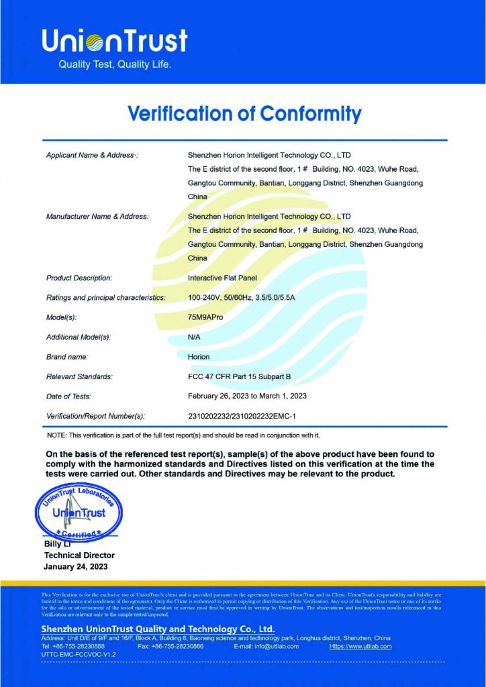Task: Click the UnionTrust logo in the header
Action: click(x=114, y=41)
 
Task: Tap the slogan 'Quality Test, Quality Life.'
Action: click(x=115, y=65)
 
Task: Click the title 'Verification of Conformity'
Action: click(x=244, y=113)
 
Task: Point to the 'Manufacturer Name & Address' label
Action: click(x=97, y=217)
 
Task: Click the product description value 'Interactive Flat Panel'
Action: click(x=223, y=278)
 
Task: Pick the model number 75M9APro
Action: click(x=205, y=317)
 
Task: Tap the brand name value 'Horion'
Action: click(x=199, y=357)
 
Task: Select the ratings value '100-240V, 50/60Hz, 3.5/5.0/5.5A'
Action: click(x=246, y=297)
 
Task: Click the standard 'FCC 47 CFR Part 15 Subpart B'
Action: click(x=239, y=377)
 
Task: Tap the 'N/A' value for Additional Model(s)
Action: click(x=195, y=337)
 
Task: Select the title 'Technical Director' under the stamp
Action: click(x=79, y=556)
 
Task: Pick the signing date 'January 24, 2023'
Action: click(x=75, y=567)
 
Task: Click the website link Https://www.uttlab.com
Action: click(x=360, y=646)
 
